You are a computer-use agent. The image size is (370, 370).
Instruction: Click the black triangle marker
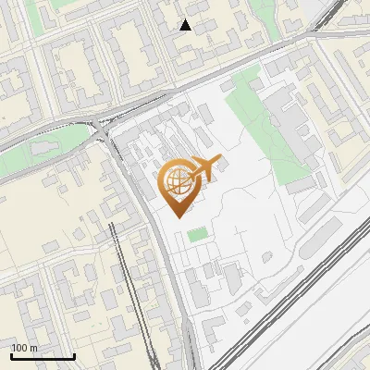click(186, 25)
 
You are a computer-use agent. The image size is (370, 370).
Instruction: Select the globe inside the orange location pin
click(177, 181)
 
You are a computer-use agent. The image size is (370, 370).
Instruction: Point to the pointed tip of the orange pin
click(179, 216)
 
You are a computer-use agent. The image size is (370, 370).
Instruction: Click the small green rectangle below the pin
click(196, 235)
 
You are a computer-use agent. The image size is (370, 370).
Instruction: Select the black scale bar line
click(43, 356)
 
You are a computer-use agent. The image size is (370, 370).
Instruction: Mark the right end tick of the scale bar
click(74, 354)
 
